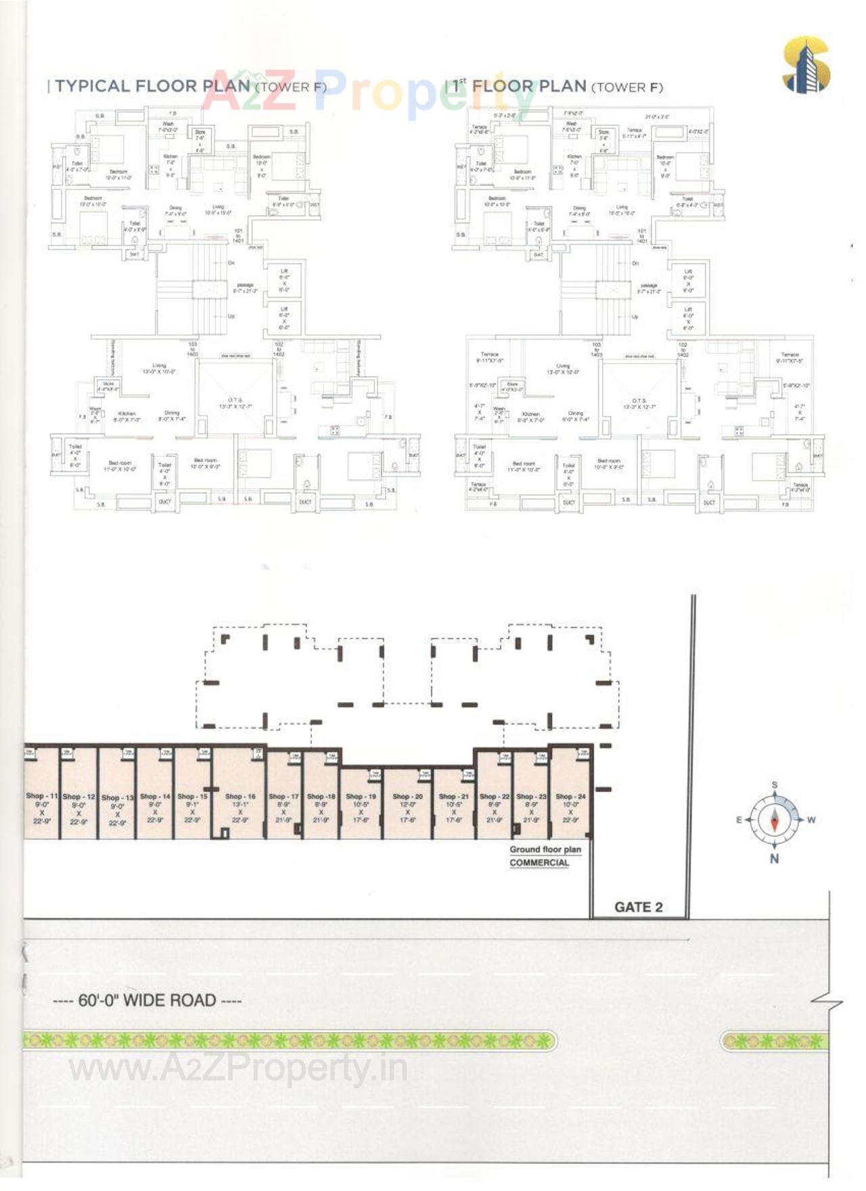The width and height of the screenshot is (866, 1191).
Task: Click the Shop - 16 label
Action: tap(240, 797)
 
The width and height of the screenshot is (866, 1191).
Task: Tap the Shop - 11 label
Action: tap(42, 796)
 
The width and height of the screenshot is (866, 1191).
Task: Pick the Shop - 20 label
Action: tap(407, 797)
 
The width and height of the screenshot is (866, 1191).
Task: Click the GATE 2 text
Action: tap(638, 907)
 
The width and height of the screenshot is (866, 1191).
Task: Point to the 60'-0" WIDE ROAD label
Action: tap(147, 1000)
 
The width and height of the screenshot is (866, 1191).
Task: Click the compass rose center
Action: tap(775, 820)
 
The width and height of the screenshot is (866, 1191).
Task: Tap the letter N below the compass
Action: tap(775, 858)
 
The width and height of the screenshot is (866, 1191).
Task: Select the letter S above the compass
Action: tap(775, 785)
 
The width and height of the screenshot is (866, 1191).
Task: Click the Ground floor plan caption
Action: tap(545, 849)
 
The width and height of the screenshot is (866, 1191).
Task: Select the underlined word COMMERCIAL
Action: tap(539, 862)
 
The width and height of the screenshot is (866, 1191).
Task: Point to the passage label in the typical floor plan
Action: tap(245, 285)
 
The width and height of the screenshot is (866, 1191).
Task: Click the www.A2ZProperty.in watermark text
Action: tap(238, 1069)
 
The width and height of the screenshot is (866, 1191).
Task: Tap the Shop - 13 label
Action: tap(118, 797)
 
